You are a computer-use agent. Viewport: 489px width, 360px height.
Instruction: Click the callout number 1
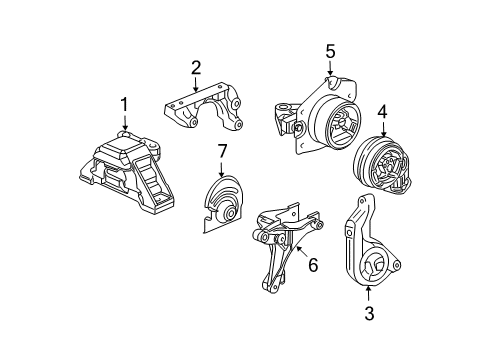(x=124, y=104)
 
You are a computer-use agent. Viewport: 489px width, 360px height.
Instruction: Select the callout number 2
(x=196, y=68)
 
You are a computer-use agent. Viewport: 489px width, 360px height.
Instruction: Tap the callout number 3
(x=369, y=313)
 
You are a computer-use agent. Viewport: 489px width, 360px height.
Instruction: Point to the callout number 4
(x=383, y=112)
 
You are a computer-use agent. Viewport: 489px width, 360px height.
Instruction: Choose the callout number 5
(x=330, y=52)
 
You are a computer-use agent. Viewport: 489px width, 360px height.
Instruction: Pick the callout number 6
(x=313, y=265)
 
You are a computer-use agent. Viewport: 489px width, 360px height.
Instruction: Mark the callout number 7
(x=222, y=151)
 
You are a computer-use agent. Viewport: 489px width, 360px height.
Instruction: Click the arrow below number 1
(x=125, y=123)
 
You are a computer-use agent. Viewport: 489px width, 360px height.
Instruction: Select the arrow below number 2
(x=196, y=84)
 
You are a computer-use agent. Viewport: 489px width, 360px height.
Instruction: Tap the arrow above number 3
(x=368, y=295)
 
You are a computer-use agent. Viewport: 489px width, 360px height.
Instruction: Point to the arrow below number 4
(x=383, y=129)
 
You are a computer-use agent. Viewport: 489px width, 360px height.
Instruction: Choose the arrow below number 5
(x=330, y=69)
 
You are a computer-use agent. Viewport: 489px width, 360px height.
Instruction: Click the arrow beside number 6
(x=301, y=252)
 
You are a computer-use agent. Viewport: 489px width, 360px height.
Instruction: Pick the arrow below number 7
(x=221, y=169)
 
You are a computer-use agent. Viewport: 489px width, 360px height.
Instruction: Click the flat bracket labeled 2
(x=203, y=106)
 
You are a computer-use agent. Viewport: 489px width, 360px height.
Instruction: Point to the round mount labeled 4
(x=382, y=165)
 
